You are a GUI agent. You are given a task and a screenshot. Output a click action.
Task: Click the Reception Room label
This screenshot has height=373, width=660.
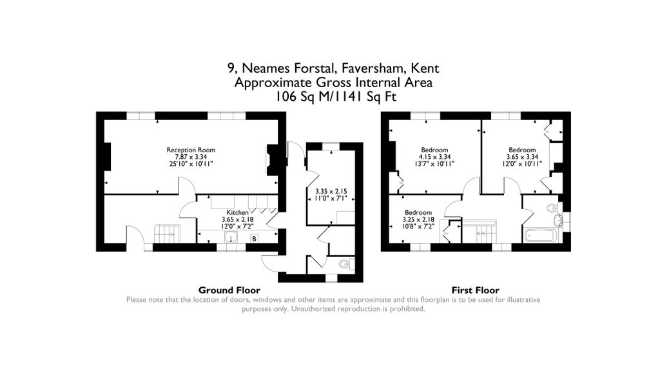click(x=191, y=150)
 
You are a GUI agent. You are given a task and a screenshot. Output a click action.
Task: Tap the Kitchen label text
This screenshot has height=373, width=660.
click(x=237, y=212)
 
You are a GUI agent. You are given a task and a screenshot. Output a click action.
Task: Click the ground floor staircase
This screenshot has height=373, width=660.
click(x=168, y=234)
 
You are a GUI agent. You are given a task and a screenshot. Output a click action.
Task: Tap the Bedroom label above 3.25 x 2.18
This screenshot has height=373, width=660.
click(x=418, y=212)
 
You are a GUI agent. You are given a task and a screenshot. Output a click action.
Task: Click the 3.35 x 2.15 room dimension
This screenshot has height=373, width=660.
click(x=331, y=192)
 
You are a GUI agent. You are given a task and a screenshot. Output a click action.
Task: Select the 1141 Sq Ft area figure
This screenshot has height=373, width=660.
click(x=365, y=97)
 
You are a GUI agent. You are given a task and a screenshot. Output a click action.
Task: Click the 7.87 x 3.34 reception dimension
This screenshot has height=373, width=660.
click(x=191, y=157)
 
